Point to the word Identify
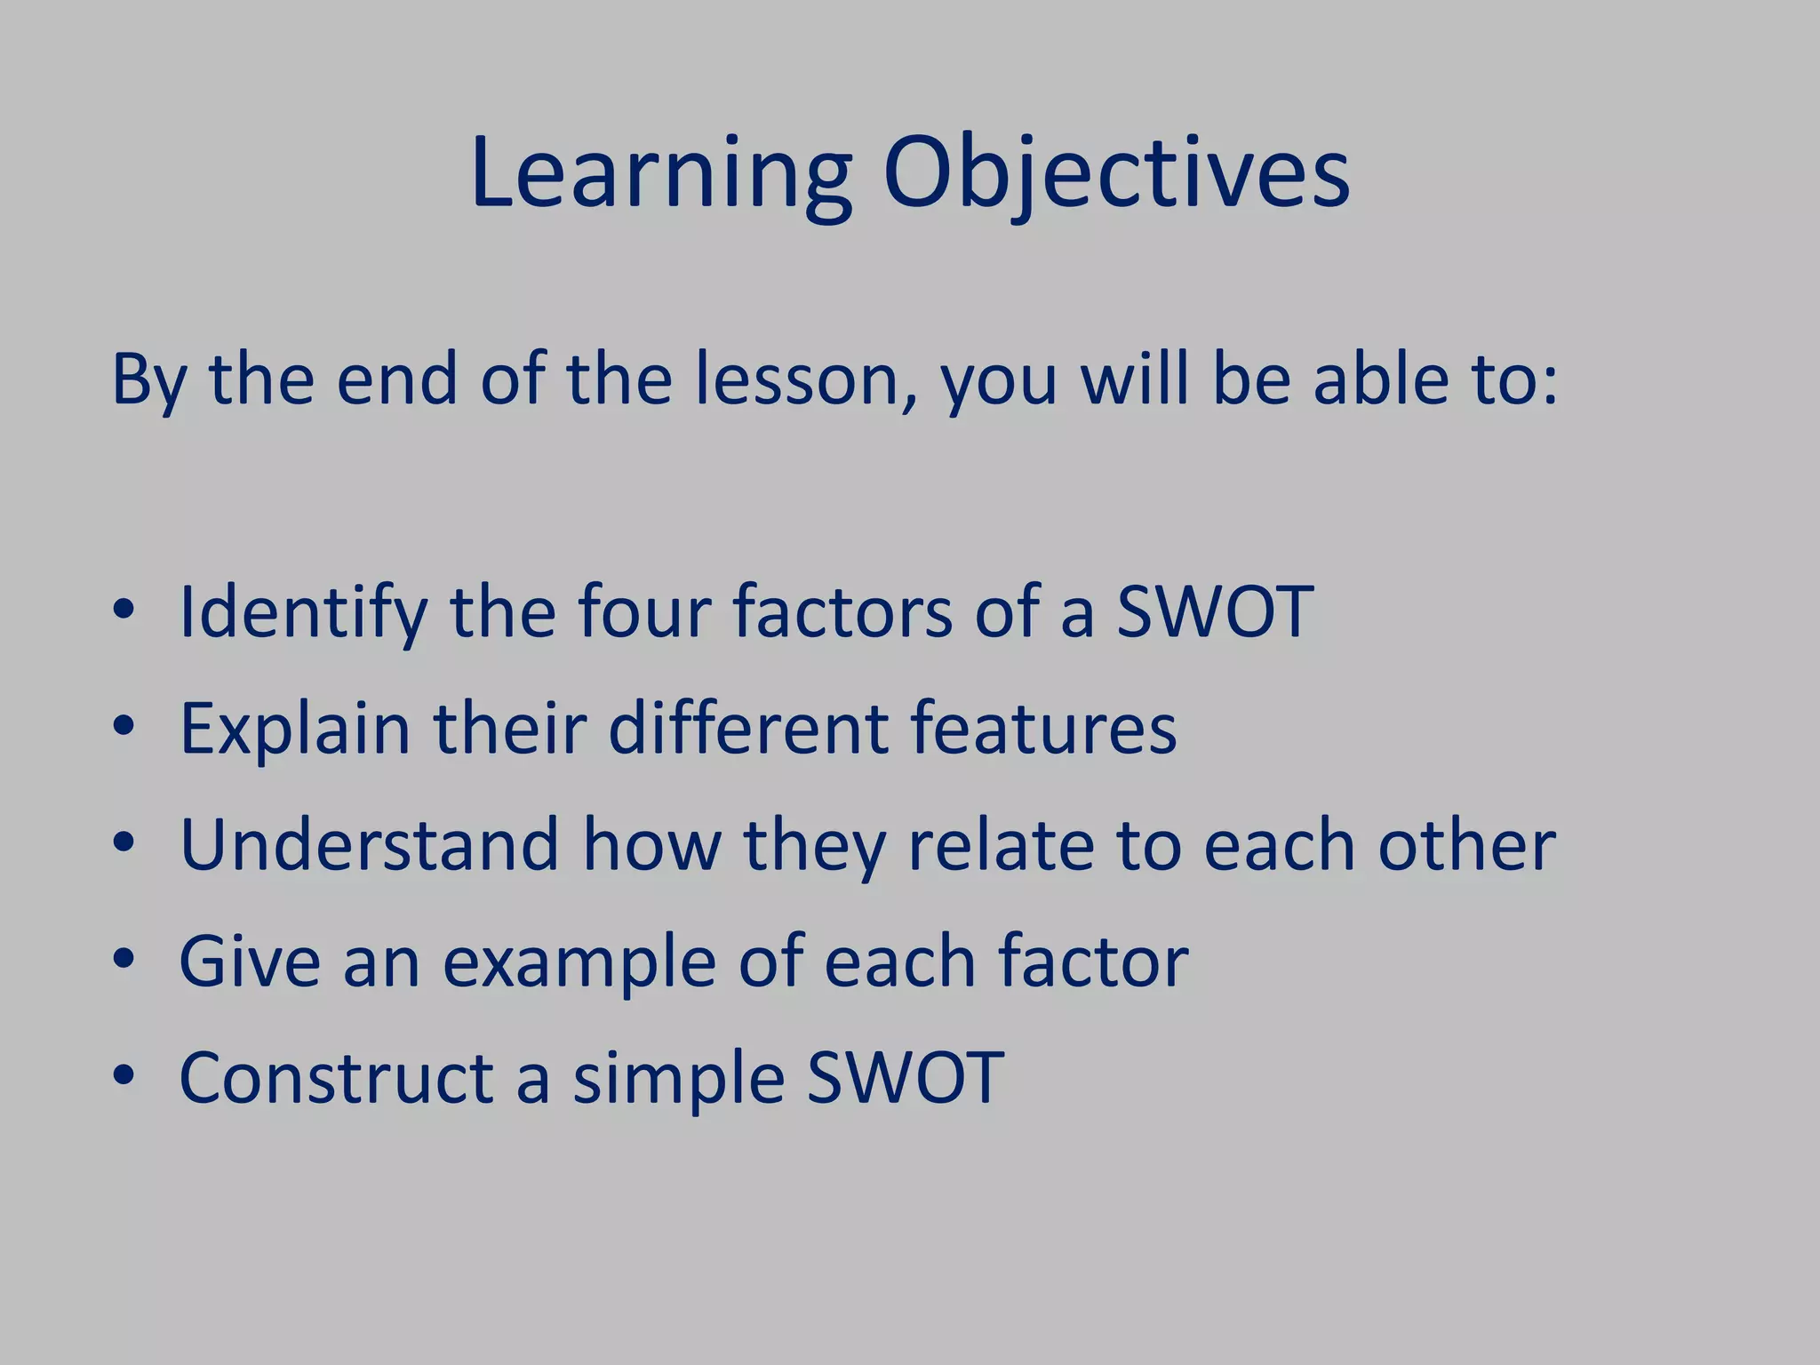click(303, 613)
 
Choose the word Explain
click(294, 730)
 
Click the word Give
click(249, 962)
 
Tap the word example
click(579, 963)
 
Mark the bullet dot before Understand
click(124, 842)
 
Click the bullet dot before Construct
click(124, 1075)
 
